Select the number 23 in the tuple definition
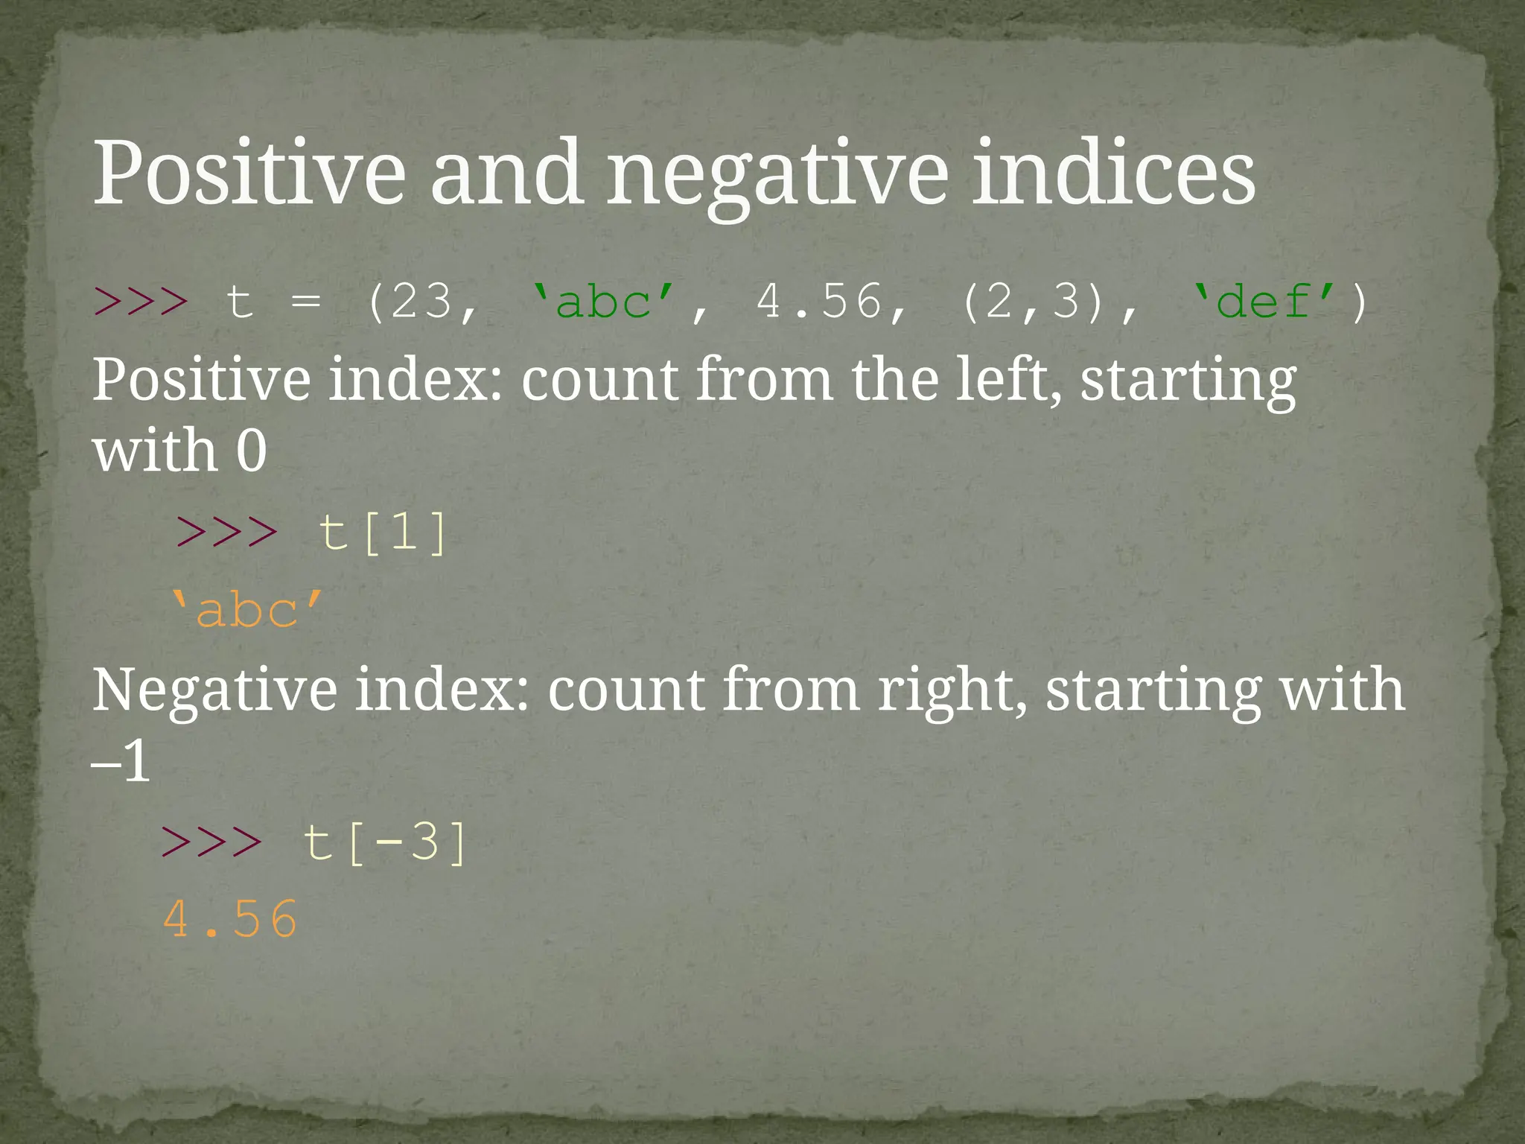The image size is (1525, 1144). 421,302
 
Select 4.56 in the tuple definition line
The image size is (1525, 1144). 819,302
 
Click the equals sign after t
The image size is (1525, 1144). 306,302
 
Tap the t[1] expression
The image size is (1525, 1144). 383,533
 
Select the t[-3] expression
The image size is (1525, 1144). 386,843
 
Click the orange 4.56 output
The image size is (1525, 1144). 230,921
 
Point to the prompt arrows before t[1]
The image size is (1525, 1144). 226,533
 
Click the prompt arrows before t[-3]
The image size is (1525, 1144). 212,843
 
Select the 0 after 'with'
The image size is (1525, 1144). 251,451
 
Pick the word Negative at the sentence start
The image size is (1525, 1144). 214,690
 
